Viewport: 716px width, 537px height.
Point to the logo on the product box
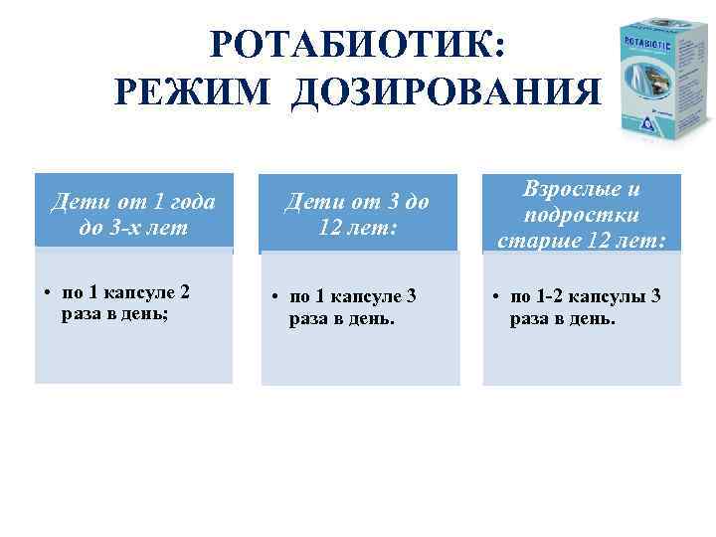(x=648, y=123)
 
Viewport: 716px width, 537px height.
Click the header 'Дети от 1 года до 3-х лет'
(x=133, y=215)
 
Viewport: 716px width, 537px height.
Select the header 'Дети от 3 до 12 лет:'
(x=357, y=215)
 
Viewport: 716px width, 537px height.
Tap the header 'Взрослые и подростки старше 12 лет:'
(x=582, y=215)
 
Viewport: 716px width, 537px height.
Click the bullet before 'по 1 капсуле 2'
(x=48, y=293)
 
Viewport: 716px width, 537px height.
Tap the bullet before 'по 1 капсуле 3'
(x=275, y=297)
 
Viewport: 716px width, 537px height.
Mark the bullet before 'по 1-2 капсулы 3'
(x=497, y=297)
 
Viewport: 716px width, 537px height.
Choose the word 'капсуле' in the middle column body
(x=369, y=296)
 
